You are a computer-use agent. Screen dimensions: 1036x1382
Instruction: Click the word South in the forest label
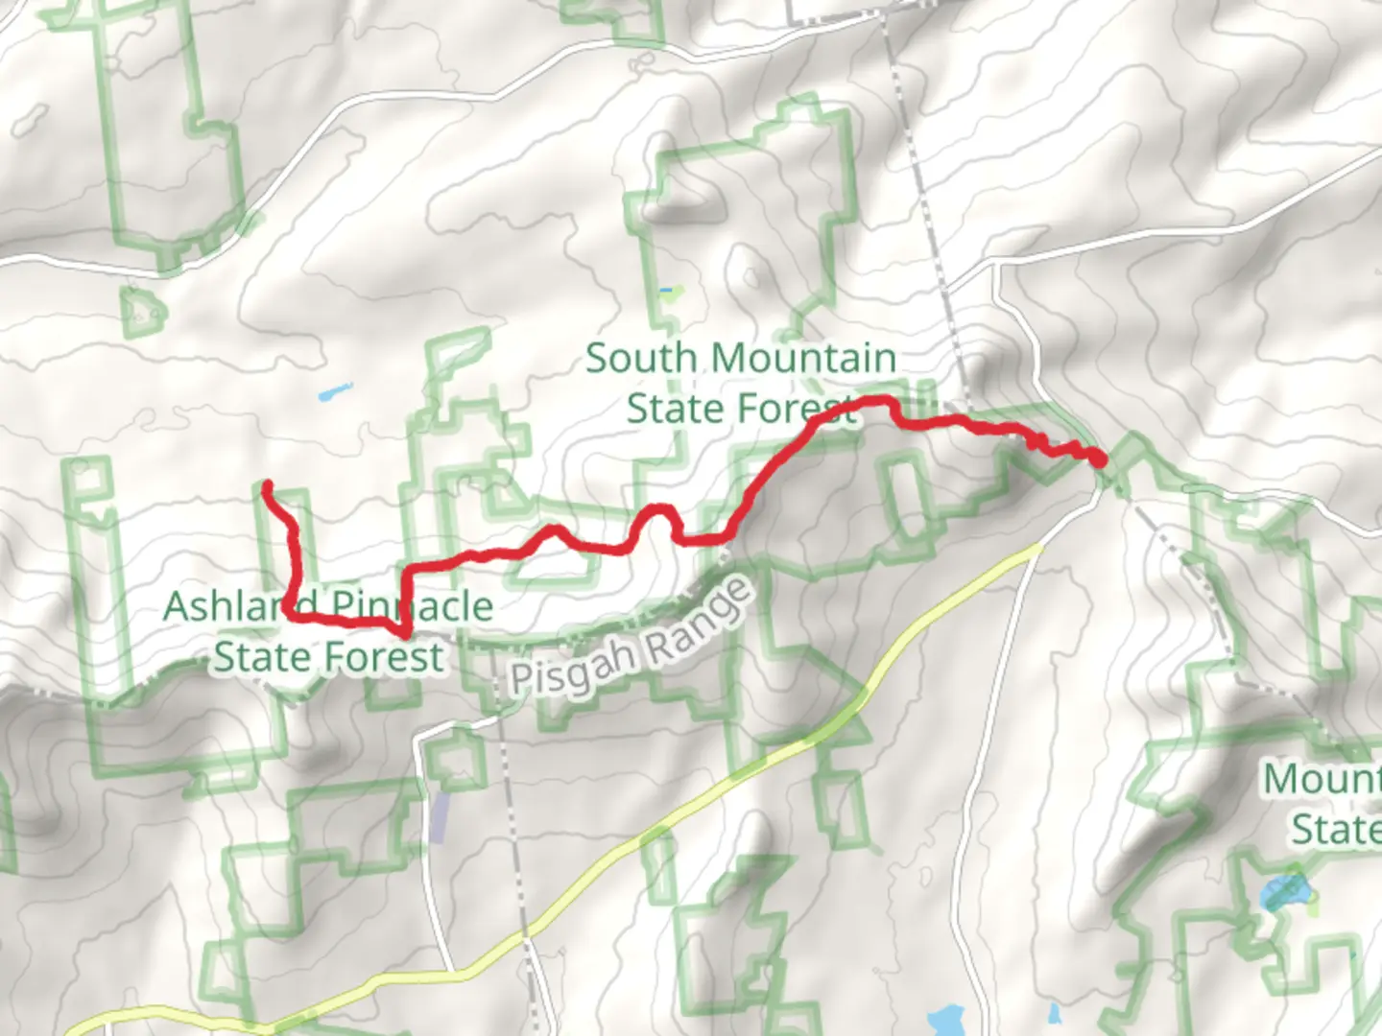[x=640, y=359]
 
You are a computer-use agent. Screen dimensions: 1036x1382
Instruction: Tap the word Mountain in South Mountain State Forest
[x=804, y=359]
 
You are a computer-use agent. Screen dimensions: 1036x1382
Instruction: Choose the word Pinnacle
[x=411, y=606]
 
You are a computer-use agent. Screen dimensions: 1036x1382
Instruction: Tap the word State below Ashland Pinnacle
[x=258, y=657]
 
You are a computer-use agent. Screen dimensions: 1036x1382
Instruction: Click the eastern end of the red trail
[x=1100, y=460]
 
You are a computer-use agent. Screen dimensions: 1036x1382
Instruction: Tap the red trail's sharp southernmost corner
[x=406, y=633]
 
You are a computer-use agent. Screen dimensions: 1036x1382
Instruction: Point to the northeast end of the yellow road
[x=1038, y=548]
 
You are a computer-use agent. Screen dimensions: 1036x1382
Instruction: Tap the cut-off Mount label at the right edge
[x=1322, y=779]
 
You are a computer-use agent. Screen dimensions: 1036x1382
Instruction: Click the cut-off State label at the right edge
[x=1335, y=829]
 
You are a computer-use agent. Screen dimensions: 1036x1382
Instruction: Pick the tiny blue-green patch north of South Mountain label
[x=669, y=290]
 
